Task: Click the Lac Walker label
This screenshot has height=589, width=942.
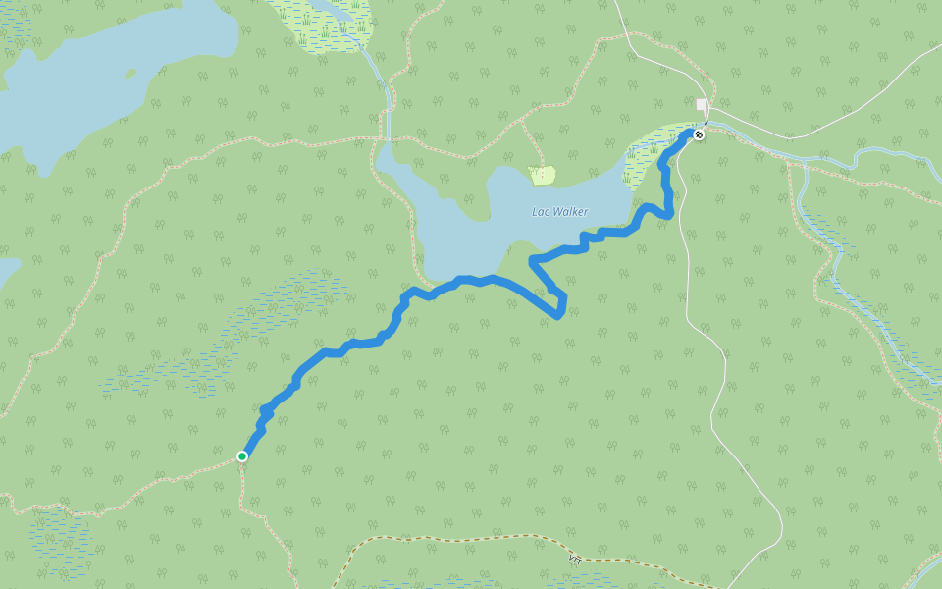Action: pyautogui.click(x=559, y=212)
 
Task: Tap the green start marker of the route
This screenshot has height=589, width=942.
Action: pyautogui.click(x=242, y=455)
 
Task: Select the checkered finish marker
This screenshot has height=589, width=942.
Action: pyautogui.click(x=698, y=134)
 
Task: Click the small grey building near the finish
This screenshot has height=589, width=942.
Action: pyautogui.click(x=701, y=105)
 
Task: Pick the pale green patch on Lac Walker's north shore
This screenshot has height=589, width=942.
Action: pyautogui.click(x=542, y=176)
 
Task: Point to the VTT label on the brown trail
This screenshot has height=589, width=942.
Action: pyautogui.click(x=574, y=558)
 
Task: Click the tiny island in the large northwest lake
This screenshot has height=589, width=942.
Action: pyautogui.click(x=131, y=71)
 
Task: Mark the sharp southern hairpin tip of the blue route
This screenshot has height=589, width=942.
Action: pyautogui.click(x=558, y=316)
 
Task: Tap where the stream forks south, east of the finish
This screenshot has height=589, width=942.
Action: pyautogui.click(x=797, y=164)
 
